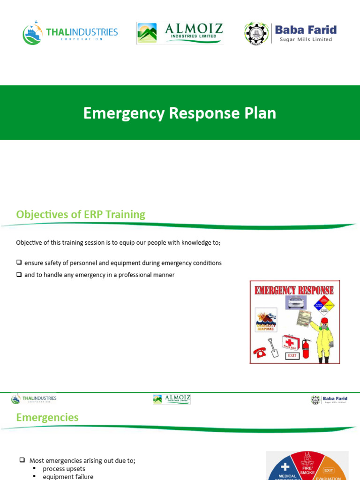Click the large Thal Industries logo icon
32,33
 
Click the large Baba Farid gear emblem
256,33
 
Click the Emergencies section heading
47,417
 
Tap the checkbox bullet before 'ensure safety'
19,262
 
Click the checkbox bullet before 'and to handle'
19,275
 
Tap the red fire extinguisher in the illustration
306,348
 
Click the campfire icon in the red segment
307,457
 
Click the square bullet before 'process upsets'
35,469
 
